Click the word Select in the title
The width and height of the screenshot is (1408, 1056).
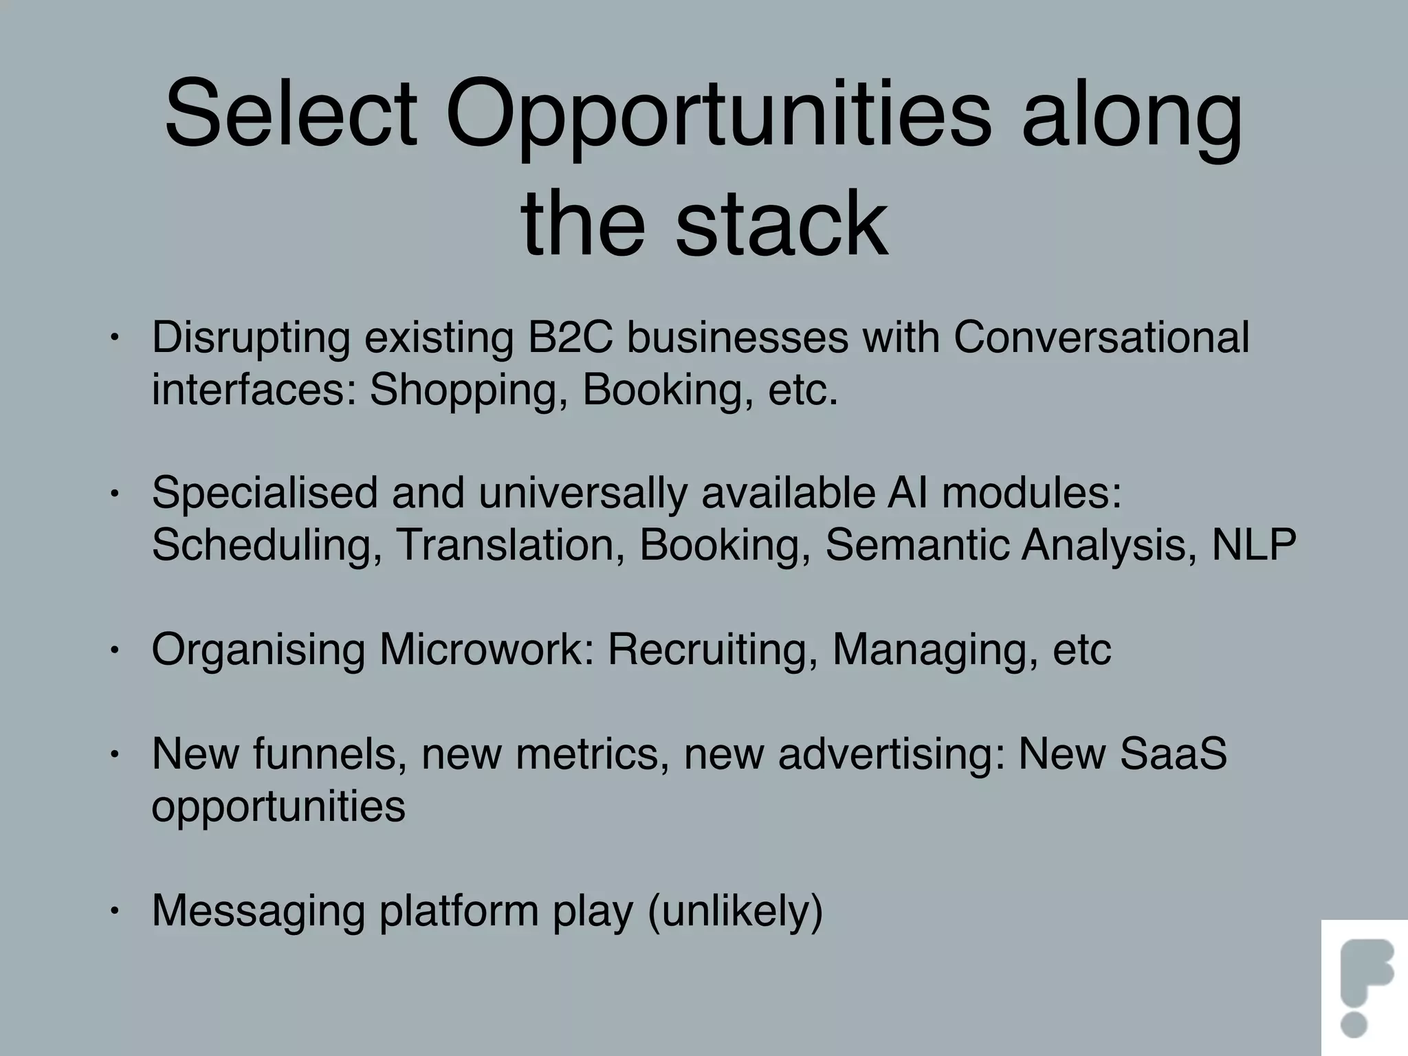(x=291, y=113)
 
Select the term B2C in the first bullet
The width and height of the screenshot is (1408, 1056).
(x=570, y=338)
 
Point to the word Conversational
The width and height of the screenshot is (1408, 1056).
(x=1101, y=338)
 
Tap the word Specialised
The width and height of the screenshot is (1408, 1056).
(x=265, y=493)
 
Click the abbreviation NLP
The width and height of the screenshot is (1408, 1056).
(x=1253, y=545)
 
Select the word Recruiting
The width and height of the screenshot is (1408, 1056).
(x=713, y=649)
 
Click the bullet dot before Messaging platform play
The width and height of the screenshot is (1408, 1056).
(x=115, y=912)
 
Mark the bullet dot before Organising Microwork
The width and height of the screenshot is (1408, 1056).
(x=115, y=650)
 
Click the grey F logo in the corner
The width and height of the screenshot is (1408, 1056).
(x=1365, y=987)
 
